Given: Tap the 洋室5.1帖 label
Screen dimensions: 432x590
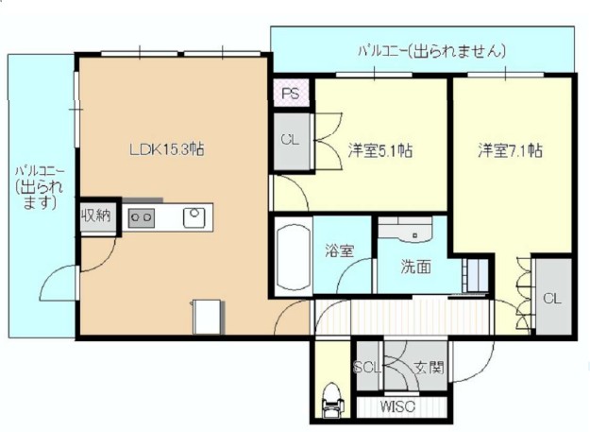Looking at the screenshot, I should pyautogui.click(x=380, y=149).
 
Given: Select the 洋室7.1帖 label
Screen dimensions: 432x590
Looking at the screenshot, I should pyautogui.click(x=510, y=149).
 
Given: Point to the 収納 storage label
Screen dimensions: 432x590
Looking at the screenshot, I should pyautogui.click(x=94, y=215).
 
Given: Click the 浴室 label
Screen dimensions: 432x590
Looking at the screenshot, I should pyautogui.click(x=340, y=251).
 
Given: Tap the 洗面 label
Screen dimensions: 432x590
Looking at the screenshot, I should pyautogui.click(x=416, y=267).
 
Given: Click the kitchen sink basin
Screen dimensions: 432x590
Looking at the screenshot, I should pyautogui.click(x=194, y=216).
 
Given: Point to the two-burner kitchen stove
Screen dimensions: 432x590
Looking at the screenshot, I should pyautogui.click(x=142, y=217).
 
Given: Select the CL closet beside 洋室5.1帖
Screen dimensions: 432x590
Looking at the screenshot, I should pyautogui.click(x=290, y=139).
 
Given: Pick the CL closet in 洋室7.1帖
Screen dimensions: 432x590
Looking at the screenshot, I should pyautogui.click(x=551, y=298).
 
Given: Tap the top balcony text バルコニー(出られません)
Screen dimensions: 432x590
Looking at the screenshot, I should pyautogui.click(x=431, y=50).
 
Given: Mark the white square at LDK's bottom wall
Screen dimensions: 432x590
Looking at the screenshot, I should pyautogui.click(x=208, y=317).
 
